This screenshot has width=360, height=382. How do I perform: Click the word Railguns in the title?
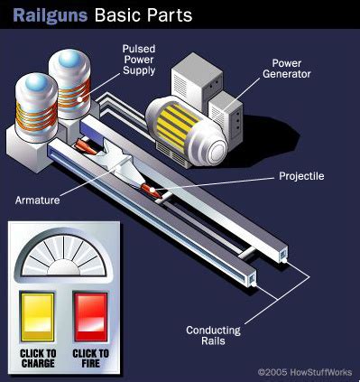tap(46, 14)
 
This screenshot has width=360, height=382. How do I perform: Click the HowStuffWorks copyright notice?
tap(305, 371)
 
